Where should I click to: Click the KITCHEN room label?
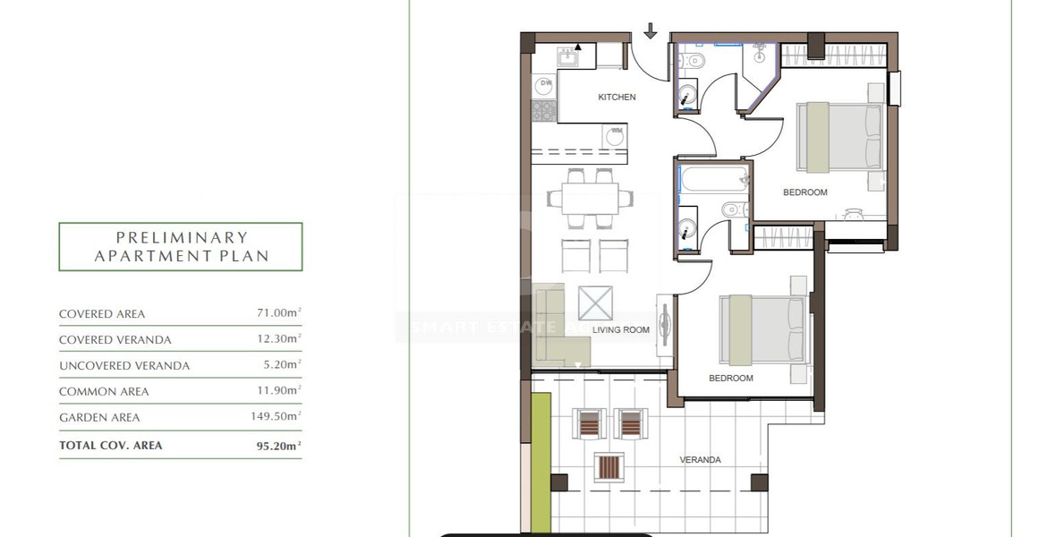tap(617, 97)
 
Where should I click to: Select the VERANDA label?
tap(700, 460)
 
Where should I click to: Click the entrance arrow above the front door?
tap(651, 31)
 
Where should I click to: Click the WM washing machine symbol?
tap(614, 135)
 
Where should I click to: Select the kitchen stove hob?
tap(543, 111)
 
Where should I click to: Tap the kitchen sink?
tap(566, 56)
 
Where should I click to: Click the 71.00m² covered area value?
tap(277, 314)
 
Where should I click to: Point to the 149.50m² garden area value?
tap(275, 417)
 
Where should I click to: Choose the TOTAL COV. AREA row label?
tap(111, 445)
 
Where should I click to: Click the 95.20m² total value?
tap(277, 445)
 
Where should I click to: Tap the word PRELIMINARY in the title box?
tap(182, 238)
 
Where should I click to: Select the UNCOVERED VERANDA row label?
tap(124, 366)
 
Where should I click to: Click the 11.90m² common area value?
tap(277, 391)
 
